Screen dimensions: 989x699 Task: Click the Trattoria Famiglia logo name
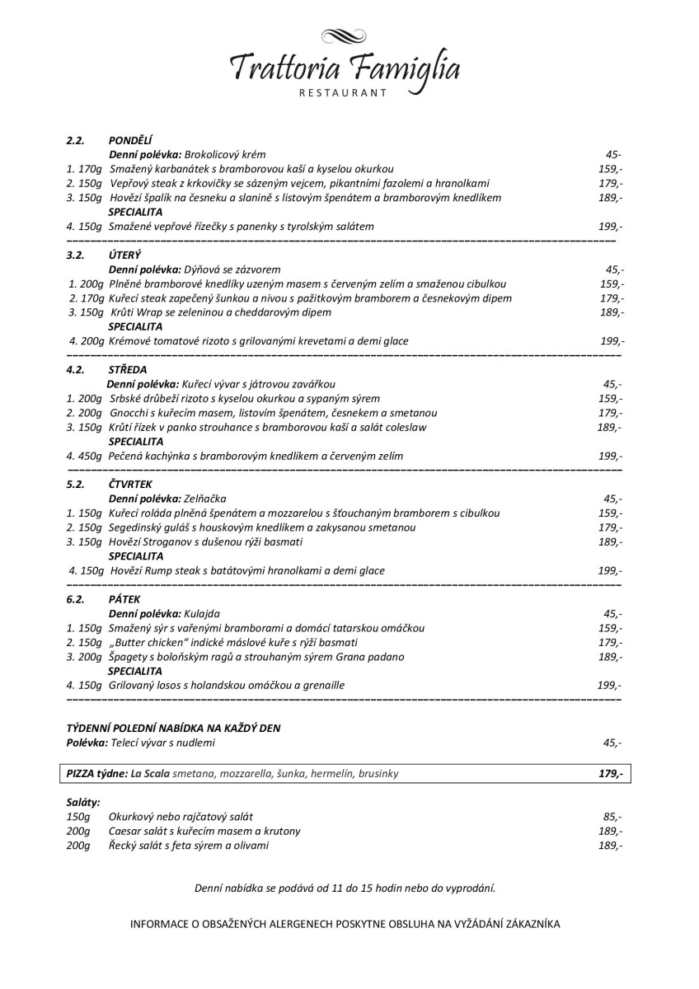click(345, 67)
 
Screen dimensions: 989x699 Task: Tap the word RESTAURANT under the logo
click(345, 94)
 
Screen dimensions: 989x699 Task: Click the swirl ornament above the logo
click(345, 36)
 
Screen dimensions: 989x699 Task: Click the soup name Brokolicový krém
click(224, 154)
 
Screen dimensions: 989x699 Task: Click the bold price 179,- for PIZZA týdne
click(610, 774)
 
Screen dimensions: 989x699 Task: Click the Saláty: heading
click(83, 801)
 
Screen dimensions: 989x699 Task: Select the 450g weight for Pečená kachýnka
click(90, 456)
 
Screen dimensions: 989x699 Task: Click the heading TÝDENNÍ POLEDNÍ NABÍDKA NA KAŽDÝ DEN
click(177, 728)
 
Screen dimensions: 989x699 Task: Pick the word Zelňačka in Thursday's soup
click(205, 499)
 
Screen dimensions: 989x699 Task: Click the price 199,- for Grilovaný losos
click(609, 685)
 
